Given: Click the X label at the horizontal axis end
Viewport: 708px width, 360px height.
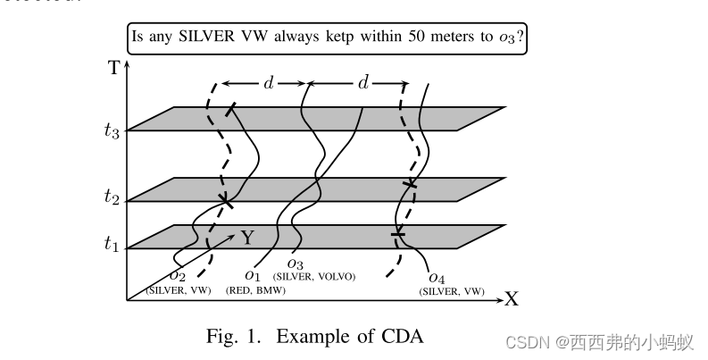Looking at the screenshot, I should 512,299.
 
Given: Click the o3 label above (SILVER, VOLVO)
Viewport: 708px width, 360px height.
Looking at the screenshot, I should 297,264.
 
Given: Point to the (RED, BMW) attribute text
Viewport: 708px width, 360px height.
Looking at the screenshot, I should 253,289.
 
